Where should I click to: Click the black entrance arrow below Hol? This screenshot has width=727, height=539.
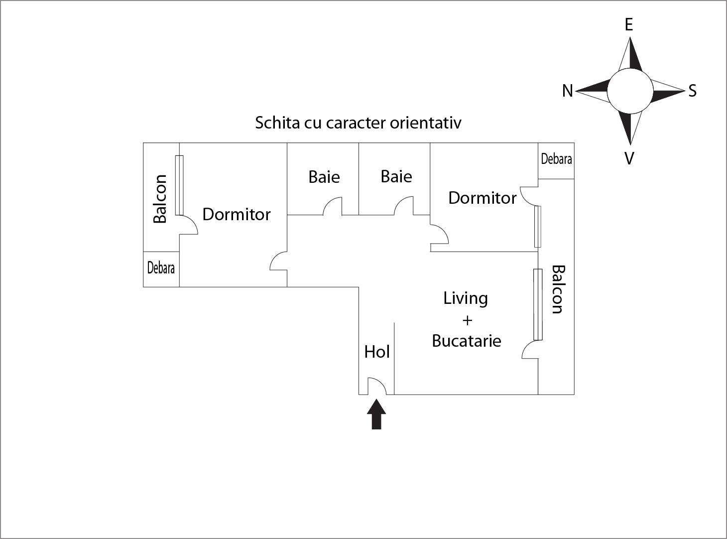click(376, 414)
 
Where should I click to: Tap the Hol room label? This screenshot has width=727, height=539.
click(377, 352)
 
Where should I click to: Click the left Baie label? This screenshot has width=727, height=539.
click(324, 177)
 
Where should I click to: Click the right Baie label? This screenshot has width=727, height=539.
click(396, 176)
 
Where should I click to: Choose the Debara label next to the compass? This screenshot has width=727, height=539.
click(556, 159)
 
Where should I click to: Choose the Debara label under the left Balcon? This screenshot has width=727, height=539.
click(161, 268)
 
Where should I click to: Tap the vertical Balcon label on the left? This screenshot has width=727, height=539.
click(160, 199)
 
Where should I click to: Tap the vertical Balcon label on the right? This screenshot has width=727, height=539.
click(558, 289)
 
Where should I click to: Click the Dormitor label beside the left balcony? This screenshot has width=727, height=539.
click(237, 214)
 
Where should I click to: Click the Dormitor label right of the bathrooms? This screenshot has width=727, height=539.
click(483, 198)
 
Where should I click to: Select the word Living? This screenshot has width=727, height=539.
click(466, 298)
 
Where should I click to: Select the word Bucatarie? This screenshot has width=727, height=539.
click(467, 341)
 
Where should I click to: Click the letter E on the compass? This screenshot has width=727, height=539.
click(629, 25)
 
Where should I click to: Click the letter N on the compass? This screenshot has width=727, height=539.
click(567, 91)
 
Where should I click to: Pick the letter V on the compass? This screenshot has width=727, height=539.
click(629, 158)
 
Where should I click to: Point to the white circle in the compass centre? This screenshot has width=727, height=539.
click(630, 91)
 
